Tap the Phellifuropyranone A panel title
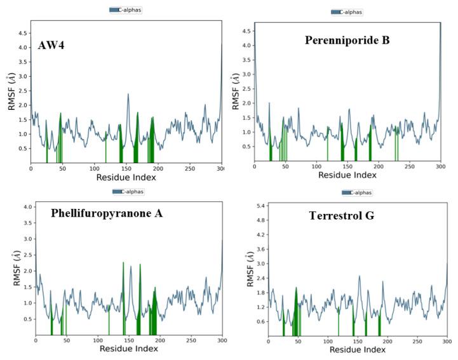coord(107,213)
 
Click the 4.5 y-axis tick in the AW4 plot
coord(20,32)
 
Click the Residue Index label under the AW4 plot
coord(126,178)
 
